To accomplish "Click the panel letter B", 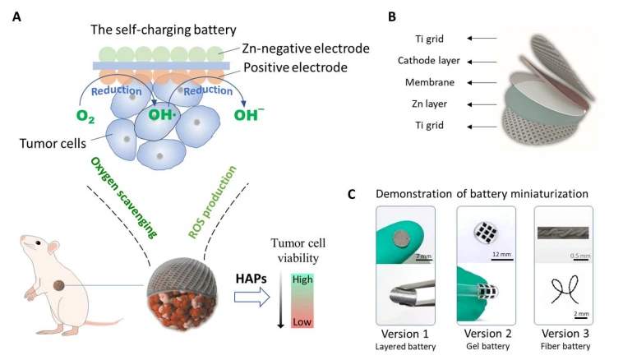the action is point(392,16).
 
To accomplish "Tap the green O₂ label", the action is point(85,116).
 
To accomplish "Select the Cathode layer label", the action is point(429,60).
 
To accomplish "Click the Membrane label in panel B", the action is point(430,82).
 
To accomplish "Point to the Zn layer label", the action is point(429,104).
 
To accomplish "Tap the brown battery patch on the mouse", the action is point(59,285).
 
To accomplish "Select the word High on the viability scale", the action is point(302,279).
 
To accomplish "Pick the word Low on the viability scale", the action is point(302,322).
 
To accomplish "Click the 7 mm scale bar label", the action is point(423,256).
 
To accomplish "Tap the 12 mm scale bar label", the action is point(502,254).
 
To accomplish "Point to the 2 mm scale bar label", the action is point(581,314).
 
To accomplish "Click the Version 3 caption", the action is point(565,334).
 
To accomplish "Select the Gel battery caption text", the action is point(487,346).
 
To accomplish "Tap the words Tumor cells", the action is point(53,144).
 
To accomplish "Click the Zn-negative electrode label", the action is point(306,48).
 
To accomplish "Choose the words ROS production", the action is point(212,202).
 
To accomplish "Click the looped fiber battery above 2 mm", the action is point(564,290).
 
